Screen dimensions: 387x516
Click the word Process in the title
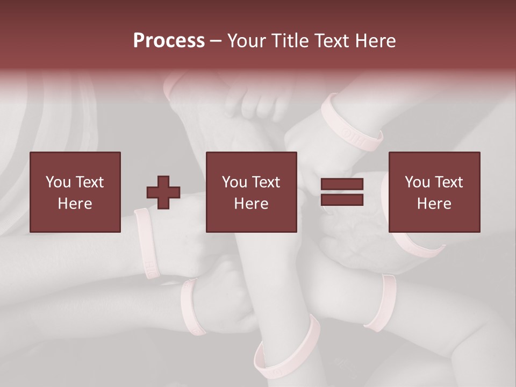pos(169,41)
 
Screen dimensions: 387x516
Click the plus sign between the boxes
pos(163,192)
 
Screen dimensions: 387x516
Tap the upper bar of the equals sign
pos(342,184)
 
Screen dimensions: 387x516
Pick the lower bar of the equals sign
pos(342,199)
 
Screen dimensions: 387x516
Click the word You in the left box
pos(58,182)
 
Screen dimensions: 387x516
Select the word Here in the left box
pos(75,204)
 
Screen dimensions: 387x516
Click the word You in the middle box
pos(234,182)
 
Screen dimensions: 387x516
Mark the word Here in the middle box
pos(251,204)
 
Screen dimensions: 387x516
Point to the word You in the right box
pos(417,182)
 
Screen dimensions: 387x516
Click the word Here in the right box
pos(434,204)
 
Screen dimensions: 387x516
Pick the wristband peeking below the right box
pos(418,245)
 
